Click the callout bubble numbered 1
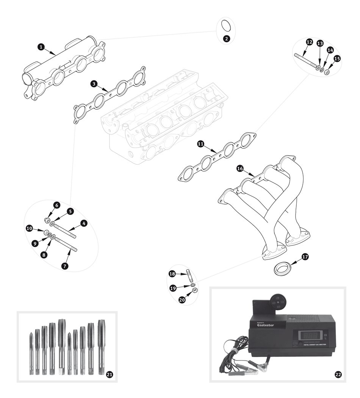coord(41,46)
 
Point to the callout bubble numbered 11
coord(200,144)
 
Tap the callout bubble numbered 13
coord(320,44)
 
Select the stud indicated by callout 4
coord(66,231)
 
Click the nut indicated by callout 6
coord(47,220)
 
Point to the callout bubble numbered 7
coord(65,266)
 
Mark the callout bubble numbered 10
coord(29,228)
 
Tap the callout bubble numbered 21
coord(110,374)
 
